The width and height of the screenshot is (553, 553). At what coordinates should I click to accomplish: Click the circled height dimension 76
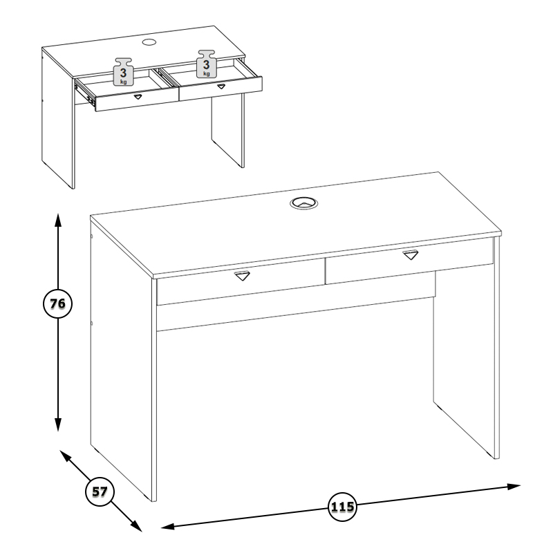pos(57,303)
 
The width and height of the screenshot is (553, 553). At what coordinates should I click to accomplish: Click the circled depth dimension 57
pos(100,491)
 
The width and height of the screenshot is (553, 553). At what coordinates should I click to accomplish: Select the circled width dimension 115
pos(342,507)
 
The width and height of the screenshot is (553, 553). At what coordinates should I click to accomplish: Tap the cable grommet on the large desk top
pos(303,203)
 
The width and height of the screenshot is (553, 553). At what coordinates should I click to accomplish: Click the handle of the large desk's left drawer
pos(242,276)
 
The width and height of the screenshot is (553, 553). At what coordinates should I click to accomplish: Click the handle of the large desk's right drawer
pos(411,254)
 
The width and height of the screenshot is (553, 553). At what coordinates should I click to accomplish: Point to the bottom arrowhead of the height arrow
pos(58,424)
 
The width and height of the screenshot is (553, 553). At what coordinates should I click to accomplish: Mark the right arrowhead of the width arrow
pos(514,487)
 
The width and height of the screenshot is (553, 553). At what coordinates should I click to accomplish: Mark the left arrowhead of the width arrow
pos(168,527)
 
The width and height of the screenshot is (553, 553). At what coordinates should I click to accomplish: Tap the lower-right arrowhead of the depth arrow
pos(136,525)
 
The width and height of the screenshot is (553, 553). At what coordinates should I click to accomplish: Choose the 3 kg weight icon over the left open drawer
pos(123,72)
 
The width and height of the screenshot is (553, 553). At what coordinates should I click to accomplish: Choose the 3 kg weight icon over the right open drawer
pos(207,64)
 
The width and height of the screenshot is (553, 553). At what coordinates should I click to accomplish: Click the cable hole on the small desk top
pos(149,42)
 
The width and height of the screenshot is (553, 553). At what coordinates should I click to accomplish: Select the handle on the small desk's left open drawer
pos(138,96)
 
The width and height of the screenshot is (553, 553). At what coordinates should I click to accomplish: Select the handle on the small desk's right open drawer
pos(221,86)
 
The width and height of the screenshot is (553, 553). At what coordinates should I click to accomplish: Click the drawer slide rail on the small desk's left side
pos(84,93)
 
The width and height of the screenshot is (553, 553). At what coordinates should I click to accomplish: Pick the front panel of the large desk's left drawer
pos(241,282)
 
